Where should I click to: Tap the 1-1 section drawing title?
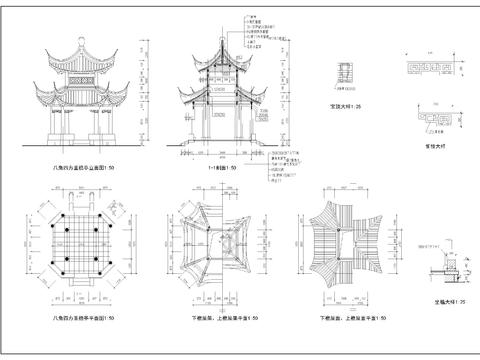221,169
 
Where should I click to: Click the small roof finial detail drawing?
346,72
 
